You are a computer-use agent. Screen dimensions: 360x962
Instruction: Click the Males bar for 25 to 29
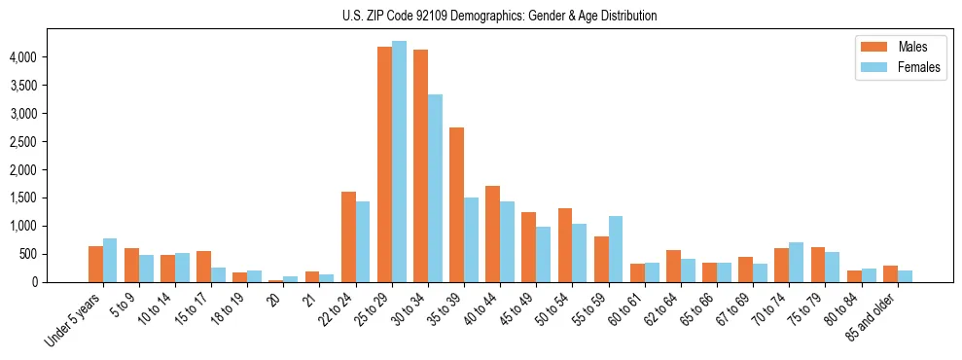click(384, 164)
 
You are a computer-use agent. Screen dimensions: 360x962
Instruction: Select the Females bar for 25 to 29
click(399, 162)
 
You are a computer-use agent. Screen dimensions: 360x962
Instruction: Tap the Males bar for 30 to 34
click(420, 166)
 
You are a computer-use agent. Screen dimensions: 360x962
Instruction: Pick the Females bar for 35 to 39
click(471, 239)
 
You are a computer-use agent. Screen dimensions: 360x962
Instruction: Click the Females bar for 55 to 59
click(616, 249)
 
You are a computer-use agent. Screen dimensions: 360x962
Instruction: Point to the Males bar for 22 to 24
click(348, 236)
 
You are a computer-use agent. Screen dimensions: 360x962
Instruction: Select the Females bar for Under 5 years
click(110, 260)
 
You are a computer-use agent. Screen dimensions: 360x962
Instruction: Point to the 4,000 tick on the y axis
click(22, 57)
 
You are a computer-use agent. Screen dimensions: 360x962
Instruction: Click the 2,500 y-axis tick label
click(22, 142)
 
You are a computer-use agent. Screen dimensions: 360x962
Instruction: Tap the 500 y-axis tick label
click(26, 254)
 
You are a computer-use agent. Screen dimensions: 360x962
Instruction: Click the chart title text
click(499, 16)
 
